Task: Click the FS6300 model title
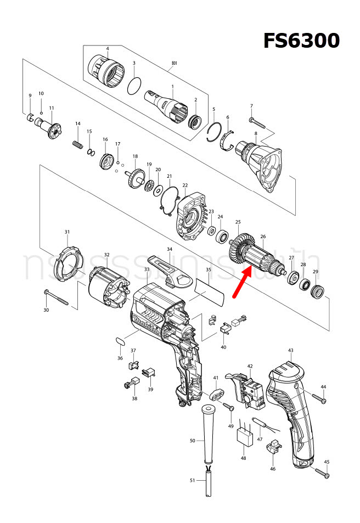[x=301, y=41]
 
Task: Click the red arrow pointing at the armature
[x=242, y=282]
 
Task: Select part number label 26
[x=263, y=237]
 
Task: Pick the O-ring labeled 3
[x=133, y=86]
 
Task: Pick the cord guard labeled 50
[x=207, y=434]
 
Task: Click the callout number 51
[x=192, y=480]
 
